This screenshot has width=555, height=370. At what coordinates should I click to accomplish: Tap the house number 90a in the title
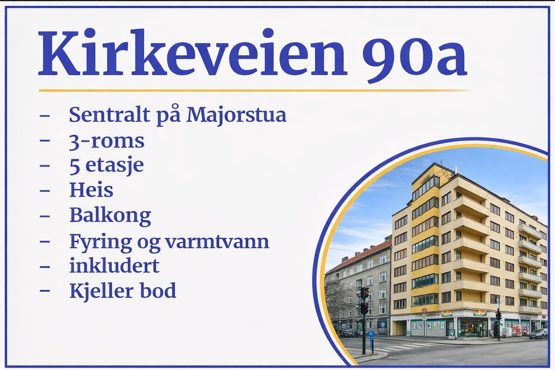(415, 56)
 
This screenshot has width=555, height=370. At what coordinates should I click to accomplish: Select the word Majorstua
(236, 116)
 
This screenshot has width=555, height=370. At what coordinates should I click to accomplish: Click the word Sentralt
(110, 115)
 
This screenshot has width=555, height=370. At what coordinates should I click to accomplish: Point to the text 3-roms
(107, 142)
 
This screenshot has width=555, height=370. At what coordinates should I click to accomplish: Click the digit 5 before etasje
(75, 167)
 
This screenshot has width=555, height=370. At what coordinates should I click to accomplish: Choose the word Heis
(91, 190)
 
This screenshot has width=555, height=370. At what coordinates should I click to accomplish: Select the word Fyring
(100, 242)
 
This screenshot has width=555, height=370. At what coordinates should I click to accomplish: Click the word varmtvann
(217, 241)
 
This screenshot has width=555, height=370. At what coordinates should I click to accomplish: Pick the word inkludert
(115, 265)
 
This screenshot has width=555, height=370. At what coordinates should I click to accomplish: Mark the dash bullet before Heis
(44, 191)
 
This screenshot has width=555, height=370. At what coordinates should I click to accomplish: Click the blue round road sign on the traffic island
(371, 334)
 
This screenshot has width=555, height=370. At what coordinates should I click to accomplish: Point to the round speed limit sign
(424, 310)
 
